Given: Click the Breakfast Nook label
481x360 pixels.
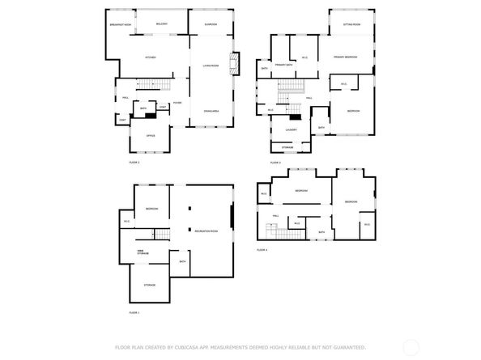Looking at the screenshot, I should point(120,25).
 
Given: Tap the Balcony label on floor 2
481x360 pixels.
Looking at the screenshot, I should point(161,25).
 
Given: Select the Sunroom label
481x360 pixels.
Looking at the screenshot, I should point(211,25).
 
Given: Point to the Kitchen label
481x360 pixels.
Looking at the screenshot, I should point(150,57).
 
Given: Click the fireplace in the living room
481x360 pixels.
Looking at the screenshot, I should point(236,65).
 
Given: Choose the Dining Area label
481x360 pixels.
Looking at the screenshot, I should point(211,111).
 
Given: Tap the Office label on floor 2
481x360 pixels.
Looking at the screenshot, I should point(150,135).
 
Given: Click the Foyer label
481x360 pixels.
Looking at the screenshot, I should point(177,103).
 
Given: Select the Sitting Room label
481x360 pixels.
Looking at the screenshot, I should point(351,25).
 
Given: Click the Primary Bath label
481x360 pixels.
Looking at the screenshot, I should point(283,64).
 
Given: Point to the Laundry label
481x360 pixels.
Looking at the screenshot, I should point(292,129).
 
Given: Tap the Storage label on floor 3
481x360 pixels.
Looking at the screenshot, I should point(288,147).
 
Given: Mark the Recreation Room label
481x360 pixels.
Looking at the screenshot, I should point(207,231).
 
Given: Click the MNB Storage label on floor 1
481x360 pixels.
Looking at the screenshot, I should point(142,252).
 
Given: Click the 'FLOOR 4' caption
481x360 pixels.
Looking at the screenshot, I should point(262,250).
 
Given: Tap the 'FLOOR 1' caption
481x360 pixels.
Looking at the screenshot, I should point(134,312).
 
